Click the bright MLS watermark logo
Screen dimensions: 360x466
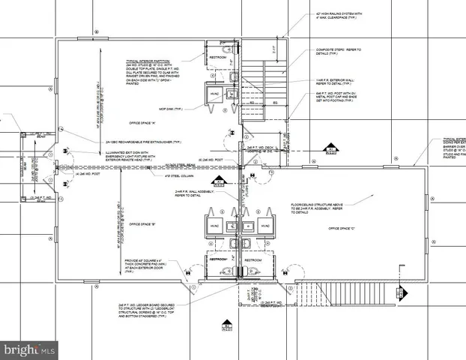point(28,349)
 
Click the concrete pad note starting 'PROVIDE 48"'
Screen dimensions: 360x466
point(147,266)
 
